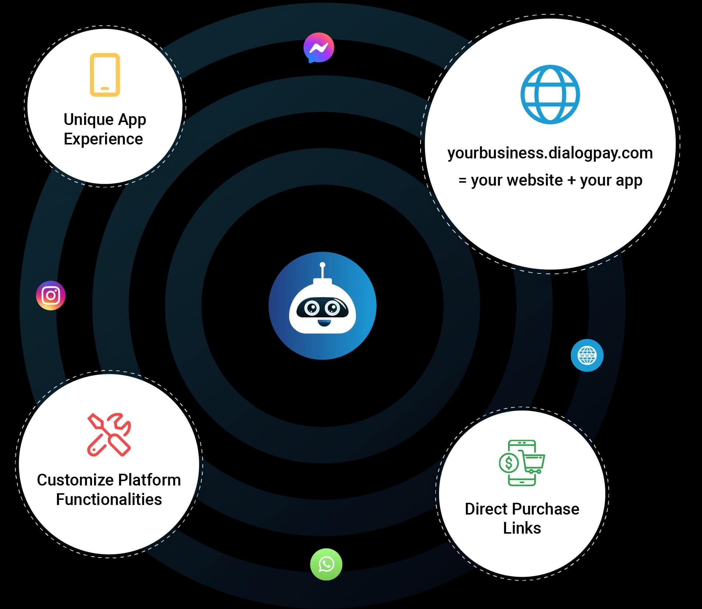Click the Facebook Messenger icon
[319, 48]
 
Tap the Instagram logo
[51, 295]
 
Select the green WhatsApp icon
[326, 564]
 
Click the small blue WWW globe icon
[587, 355]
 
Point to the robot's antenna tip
[323, 265]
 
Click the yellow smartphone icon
[105, 75]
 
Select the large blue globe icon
[550, 94]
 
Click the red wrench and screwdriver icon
[109, 435]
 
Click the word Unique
[89, 120]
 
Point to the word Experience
[103, 139]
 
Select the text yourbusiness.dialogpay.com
[550, 153]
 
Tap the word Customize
[75, 480]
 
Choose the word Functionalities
[109, 499]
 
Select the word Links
[522, 528]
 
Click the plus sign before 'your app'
[571, 180]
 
